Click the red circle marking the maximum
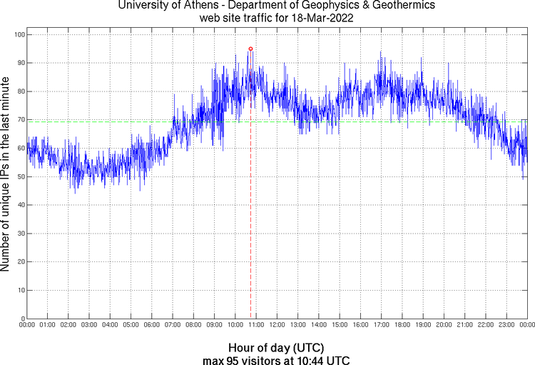(250, 49)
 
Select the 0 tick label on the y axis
(22, 319)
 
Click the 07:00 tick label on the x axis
(173, 326)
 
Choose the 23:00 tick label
(506, 326)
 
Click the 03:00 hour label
(89, 326)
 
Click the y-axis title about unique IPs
(6, 176)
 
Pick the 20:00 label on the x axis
(444, 326)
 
